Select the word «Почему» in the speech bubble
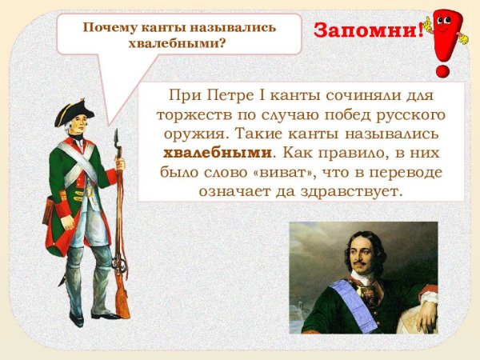111,27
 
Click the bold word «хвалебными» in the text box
218,151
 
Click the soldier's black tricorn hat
74,113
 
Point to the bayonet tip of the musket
117,134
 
